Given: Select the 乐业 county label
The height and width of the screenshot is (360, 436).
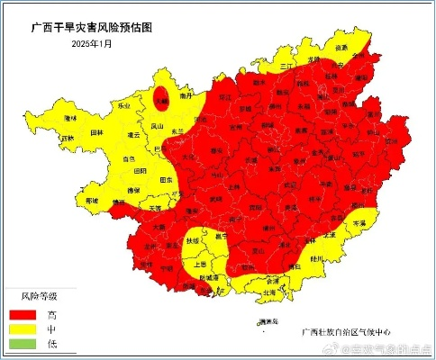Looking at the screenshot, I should (123, 105).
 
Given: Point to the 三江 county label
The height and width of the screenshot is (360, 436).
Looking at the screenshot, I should (286, 66).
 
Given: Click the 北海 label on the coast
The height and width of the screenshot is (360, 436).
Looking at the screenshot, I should (268, 292).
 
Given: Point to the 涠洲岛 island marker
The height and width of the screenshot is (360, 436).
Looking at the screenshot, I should (257, 321).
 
